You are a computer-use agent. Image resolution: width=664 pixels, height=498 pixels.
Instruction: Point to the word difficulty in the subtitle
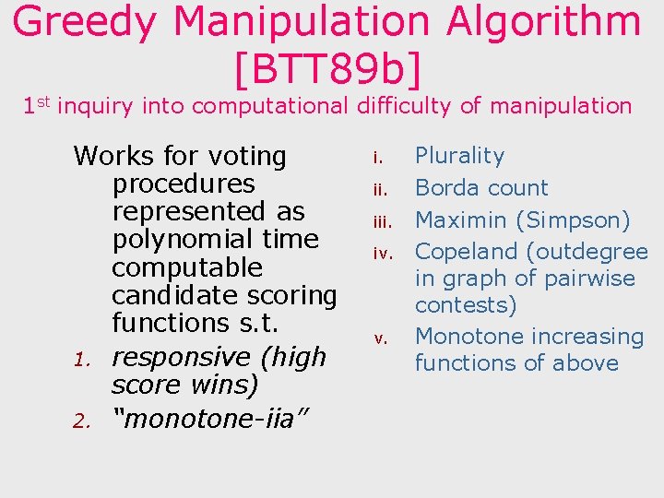pyautogui.click(x=402, y=106)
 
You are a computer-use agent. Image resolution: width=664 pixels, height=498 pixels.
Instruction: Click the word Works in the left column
pyautogui.click(x=110, y=156)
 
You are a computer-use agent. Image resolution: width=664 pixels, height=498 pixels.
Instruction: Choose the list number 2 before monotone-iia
pyautogui.click(x=81, y=421)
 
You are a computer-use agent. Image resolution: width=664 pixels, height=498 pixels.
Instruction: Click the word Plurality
pyautogui.click(x=459, y=156)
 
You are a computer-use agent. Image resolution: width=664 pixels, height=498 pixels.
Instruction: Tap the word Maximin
pyautogui.click(x=461, y=219)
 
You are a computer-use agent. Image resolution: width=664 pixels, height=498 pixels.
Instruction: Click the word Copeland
pyautogui.click(x=466, y=251)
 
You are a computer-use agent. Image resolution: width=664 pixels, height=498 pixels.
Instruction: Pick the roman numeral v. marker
pyautogui.click(x=378, y=338)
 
